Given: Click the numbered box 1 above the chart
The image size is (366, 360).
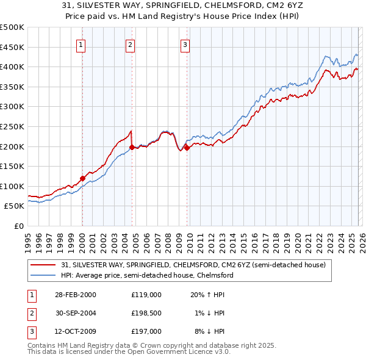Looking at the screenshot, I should [x=82, y=44].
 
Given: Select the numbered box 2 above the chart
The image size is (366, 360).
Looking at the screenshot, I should [x=131, y=44].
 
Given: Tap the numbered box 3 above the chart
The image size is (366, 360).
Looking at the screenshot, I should [x=185, y=44].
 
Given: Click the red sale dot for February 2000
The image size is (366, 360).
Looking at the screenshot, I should [x=82, y=179].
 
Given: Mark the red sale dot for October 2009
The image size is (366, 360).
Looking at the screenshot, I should [x=186, y=148].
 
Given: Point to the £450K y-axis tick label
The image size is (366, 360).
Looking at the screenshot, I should [x=12, y=47].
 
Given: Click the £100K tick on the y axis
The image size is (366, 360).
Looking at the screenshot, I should [x=12, y=186].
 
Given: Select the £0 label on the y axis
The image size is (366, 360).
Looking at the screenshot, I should [x=18, y=226].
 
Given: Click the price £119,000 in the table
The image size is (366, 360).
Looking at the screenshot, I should [x=146, y=294].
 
